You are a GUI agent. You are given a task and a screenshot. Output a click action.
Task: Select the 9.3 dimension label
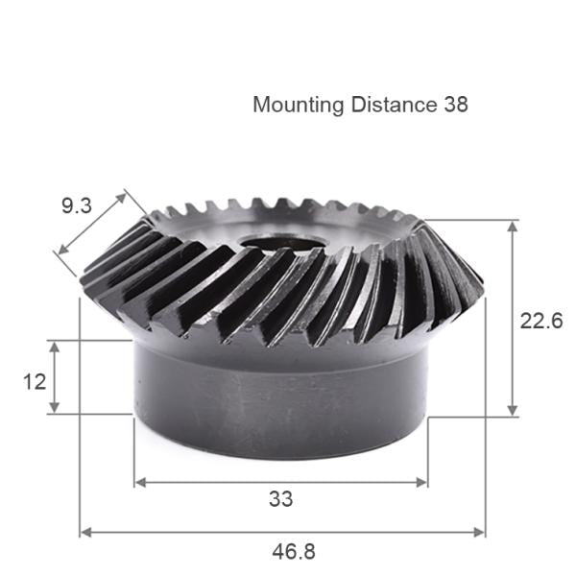click(x=76, y=204)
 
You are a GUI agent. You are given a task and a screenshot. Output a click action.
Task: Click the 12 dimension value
click(x=34, y=381)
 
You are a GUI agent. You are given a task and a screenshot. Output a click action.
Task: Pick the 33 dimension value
click(x=280, y=500)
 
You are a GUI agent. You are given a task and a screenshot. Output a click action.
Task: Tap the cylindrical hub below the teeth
click(x=278, y=394)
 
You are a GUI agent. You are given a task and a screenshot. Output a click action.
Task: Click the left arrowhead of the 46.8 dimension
click(x=85, y=531)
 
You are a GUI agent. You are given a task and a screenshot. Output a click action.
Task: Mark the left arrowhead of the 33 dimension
click(x=140, y=481)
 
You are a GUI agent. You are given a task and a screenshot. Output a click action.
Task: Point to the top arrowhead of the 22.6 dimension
click(x=513, y=227)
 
